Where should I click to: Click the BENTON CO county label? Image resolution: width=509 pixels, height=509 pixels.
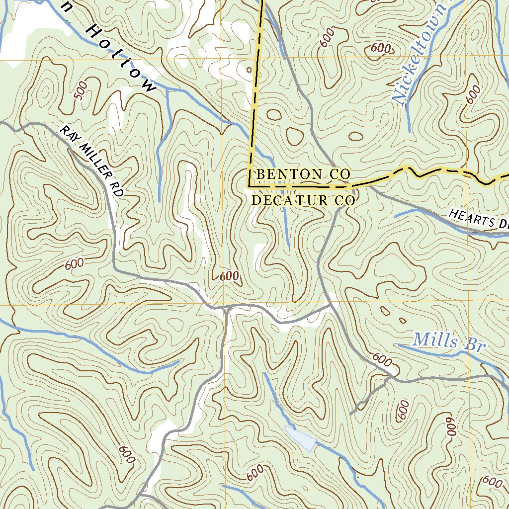[303, 174]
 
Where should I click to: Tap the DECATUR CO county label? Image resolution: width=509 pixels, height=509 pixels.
[303, 200]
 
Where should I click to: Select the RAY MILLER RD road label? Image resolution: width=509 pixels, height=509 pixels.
[91, 162]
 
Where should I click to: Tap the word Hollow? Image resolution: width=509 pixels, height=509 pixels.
[119, 58]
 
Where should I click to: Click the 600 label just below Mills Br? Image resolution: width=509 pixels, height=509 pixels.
[382, 359]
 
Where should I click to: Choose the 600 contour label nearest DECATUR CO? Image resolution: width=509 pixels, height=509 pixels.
[229, 276]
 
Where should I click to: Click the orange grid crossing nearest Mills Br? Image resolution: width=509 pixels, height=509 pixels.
[470, 300]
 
